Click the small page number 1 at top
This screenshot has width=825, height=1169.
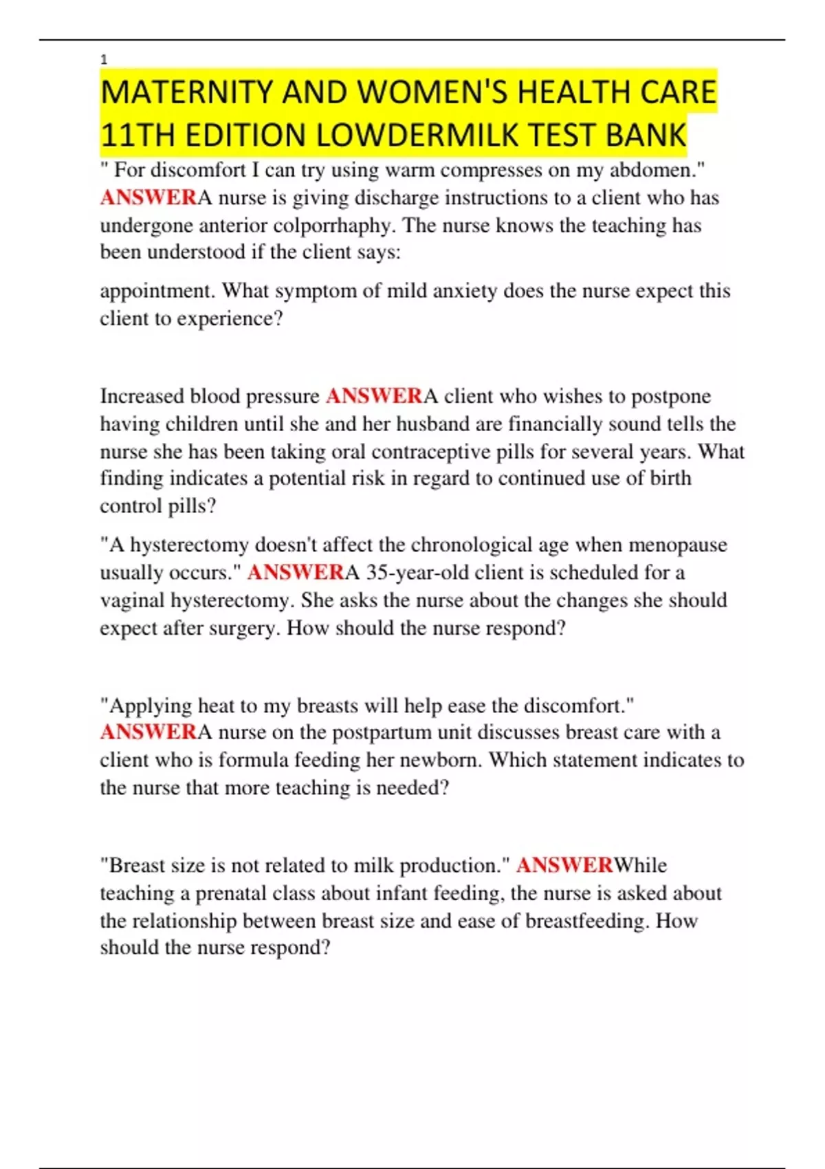click(104, 61)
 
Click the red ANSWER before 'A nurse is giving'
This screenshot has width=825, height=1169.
click(148, 197)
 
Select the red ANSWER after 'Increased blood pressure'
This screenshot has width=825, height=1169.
click(374, 396)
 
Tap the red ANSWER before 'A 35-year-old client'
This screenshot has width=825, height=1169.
click(296, 572)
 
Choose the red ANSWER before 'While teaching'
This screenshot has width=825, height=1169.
click(564, 865)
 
